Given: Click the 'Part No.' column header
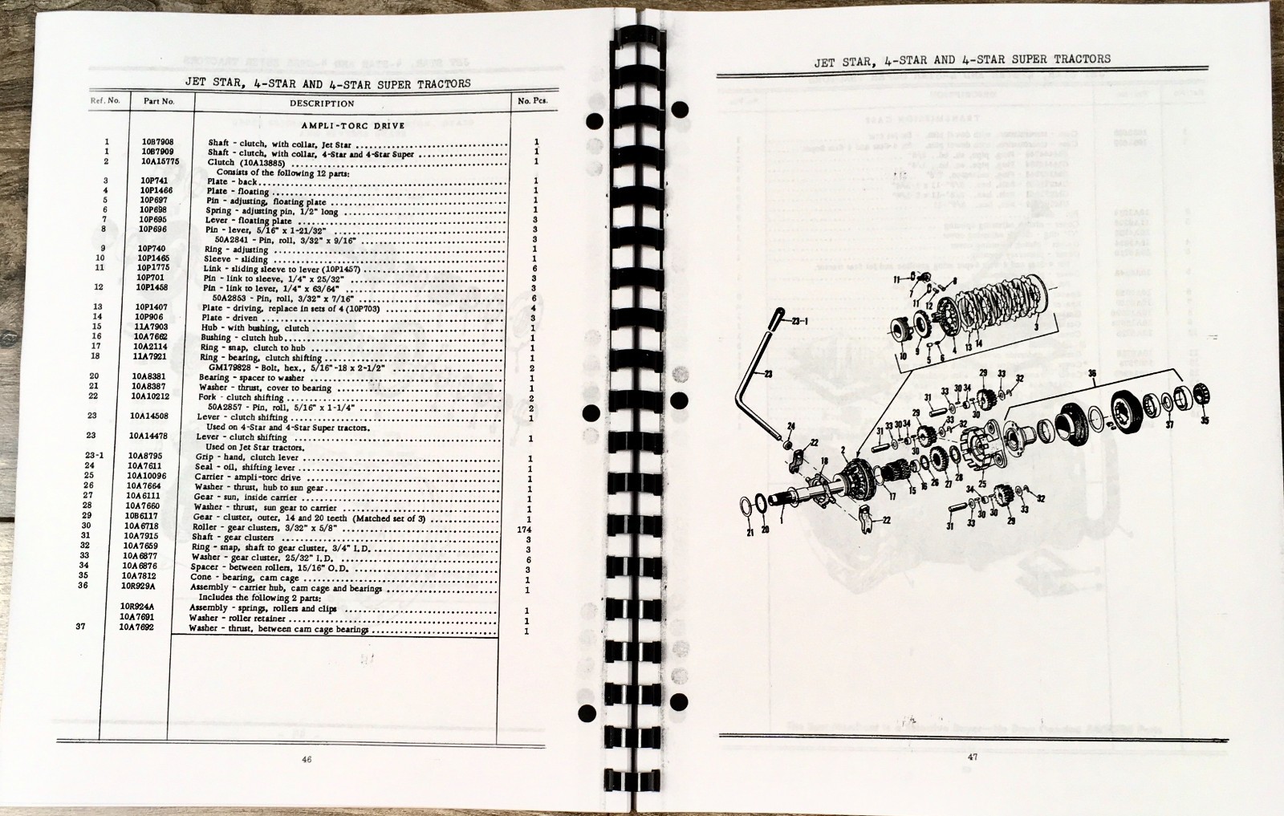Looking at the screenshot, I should click(x=158, y=102).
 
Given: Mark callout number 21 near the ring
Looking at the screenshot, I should click(x=750, y=532).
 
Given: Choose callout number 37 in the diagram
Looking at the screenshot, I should click(x=1169, y=424).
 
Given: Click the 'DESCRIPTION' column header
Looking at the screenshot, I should click(x=322, y=104).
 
